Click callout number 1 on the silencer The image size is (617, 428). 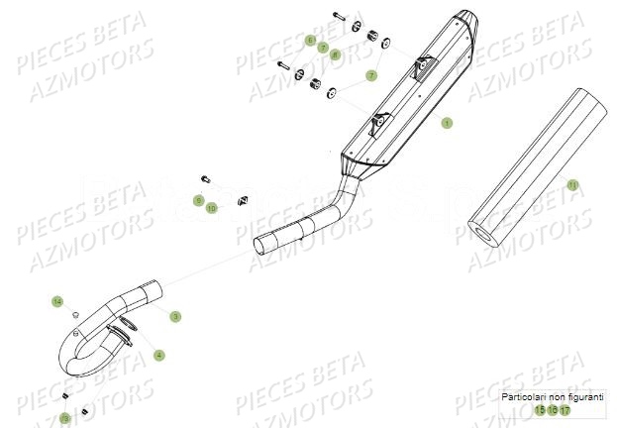(x=447, y=123)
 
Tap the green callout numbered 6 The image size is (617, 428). (x=310, y=41)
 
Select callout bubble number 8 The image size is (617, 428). (x=335, y=54)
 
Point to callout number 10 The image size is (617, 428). (x=211, y=208)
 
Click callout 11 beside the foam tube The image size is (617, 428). (x=572, y=184)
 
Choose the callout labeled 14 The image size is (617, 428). (x=57, y=300)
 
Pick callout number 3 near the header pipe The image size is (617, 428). (x=175, y=316)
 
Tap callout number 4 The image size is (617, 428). (x=158, y=355)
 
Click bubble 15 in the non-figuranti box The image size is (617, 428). (x=540, y=409)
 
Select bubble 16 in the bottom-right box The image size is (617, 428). (x=553, y=409)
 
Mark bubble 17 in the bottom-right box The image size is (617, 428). (x=565, y=409)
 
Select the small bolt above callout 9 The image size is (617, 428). (x=205, y=179)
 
